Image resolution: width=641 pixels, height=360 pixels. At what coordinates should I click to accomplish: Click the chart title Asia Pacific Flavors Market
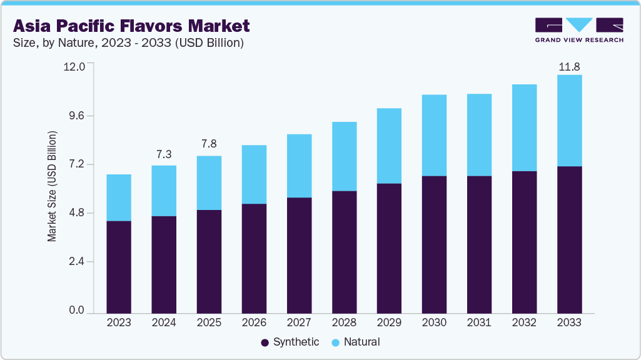click(x=131, y=26)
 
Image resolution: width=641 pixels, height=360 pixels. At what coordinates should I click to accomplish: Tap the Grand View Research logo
click(x=579, y=30)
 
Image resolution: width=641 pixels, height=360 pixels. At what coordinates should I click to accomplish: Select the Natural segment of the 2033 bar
click(x=569, y=121)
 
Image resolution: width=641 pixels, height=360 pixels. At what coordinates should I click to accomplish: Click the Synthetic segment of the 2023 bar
click(x=119, y=267)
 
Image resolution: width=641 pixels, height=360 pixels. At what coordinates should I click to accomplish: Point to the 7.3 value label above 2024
click(x=164, y=154)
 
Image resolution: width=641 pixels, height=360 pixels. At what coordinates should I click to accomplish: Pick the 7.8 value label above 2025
click(x=209, y=144)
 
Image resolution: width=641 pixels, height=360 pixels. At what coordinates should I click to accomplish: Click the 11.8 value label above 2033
click(x=569, y=66)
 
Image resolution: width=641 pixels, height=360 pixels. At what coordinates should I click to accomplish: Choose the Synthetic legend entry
click(x=290, y=342)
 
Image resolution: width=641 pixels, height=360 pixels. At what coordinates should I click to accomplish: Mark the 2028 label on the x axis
click(x=344, y=322)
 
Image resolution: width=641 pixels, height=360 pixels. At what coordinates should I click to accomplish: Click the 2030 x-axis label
click(x=434, y=322)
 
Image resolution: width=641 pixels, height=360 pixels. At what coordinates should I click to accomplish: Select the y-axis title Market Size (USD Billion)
click(x=53, y=187)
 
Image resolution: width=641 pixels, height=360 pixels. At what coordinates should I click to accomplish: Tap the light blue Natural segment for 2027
click(x=299, y=166)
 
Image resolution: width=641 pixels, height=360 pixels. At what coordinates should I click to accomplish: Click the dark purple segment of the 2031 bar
click(x=479, y=244)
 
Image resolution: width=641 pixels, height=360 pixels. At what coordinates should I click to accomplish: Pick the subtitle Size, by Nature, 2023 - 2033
click(x=128, y=43)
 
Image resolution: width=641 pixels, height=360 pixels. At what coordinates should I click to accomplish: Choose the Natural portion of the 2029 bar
click(x=389, y=146)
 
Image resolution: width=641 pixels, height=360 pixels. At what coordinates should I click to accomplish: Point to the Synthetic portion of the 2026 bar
click(x=254, y=258)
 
